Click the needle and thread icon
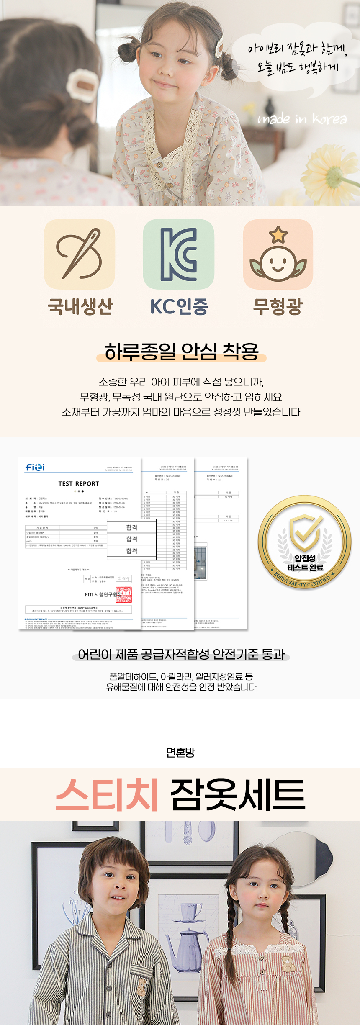(x=80, y=254)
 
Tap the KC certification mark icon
(x=179, y=254)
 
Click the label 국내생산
(x=80, y=306)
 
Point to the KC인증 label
(x=179, y=306)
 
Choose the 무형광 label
(x=278, y=306)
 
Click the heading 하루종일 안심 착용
(x=181, y=351)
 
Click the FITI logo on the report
(x=35, y=467)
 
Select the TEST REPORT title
(x=79, y=483)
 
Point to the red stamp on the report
(x=123, y=595)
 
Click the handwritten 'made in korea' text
(x=302, y=119)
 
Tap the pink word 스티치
(x=107, y=795)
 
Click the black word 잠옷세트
(x=238, y=795)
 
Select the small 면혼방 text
(x=180, y=753)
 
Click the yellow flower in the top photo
(x=335, y=172)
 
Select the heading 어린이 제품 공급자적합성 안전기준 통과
(x=181, y=654)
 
